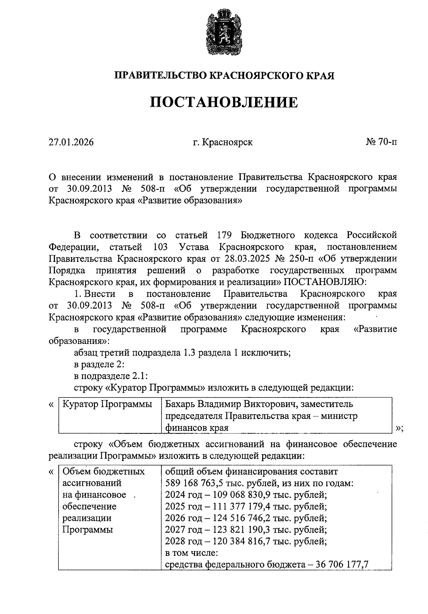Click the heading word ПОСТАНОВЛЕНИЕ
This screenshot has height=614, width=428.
click(x=223, y=102)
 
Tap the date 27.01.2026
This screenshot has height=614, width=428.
click(x=71, y=142)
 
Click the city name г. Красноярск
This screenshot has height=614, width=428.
click(x=223, y=142)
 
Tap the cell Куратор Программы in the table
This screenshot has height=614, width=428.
click(x=107, y=404)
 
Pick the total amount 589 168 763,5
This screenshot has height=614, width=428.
click(x=198, y=483)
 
